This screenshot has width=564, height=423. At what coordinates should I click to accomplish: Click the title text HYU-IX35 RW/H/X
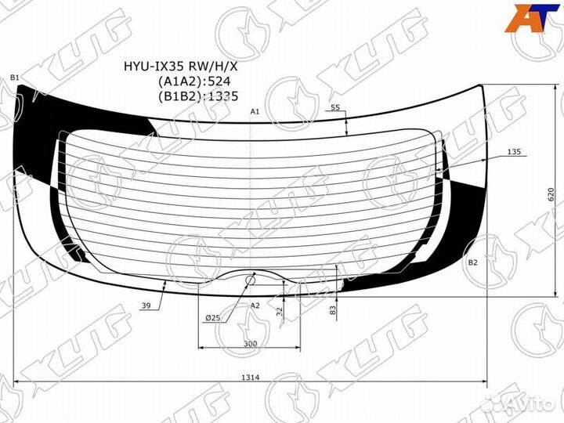pyautogui.click(x=181, y=66)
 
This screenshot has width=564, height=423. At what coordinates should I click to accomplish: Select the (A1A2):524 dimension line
pyautogui.click(x=194, y=81)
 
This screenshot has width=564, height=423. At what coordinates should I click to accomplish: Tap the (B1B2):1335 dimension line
pyautogui.click(x=198, y=96)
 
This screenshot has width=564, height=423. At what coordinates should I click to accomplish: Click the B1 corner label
pyautogui.click(x=15, y=78)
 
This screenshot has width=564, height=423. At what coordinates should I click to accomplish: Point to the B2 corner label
pyautogui.click(x=472, y=262)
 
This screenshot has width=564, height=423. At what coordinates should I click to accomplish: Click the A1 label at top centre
pyautogui.click(x=255, y=112)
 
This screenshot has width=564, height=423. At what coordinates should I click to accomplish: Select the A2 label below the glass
pyautogui.click(x=255, y=305)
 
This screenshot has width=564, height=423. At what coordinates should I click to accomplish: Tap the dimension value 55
pyautogui.click(x=335, y=107)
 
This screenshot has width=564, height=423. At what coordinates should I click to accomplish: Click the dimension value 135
pyautogui.click(x=514, y=152)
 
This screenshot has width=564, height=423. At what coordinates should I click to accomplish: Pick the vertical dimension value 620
pyautogui.click(x=551, y=194)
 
